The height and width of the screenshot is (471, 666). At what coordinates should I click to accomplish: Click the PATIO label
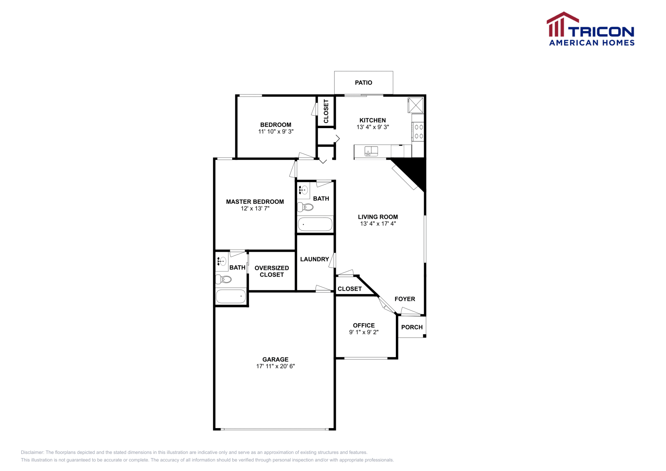pyautogui.click(x=363, y=83)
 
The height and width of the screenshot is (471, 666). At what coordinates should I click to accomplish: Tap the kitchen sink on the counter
pyautogui.click(x=371, y=151)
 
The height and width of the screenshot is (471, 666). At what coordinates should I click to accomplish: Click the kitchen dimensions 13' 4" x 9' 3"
pyautogui.click(x=373, y=127)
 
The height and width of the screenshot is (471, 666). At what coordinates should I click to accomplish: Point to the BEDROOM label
pyautogui.click(x=276, y=125)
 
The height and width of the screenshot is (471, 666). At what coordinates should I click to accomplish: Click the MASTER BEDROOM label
pyautogui.click(x=255, y=202)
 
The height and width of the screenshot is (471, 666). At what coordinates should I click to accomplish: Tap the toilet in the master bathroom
pyautogui.click(x=224, y=279)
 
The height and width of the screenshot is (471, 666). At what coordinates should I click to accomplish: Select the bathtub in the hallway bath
pyautogui.click(x=315, y=224)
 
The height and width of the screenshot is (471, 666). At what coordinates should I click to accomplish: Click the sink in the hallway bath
pyautogui.click(x=303, y=191)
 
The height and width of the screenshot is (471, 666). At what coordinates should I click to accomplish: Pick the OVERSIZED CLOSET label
pyautogui.click(x=271, y=271)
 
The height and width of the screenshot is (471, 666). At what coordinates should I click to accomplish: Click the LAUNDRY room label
pyautogui.click(x=314, y=259)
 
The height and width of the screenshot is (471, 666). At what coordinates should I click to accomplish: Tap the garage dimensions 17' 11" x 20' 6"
pyautogui.click(x=275, y=366)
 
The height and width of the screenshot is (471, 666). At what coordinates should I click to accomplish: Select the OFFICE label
pyautogui.click(x=364, y=325)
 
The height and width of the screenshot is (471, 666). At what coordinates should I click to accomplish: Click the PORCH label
pyautogui.click(x=412, y=327)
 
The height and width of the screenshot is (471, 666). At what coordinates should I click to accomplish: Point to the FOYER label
pyautogui.click(x=405, y=299)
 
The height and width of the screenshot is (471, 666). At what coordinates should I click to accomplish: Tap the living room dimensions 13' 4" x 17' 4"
pyautogui.click(x=378, y=223)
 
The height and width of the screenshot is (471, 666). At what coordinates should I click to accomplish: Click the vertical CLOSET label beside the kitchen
pyautogui.click(x=326, y=111)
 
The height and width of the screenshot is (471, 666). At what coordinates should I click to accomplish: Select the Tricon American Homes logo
pyautogui.click(x=591, y=29)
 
